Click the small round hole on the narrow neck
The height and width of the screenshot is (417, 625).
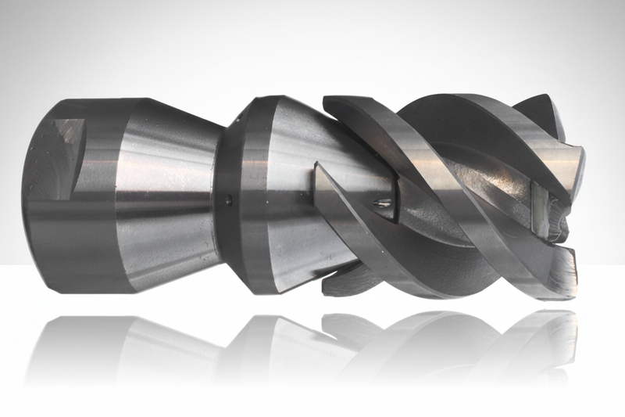coord(227,200)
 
